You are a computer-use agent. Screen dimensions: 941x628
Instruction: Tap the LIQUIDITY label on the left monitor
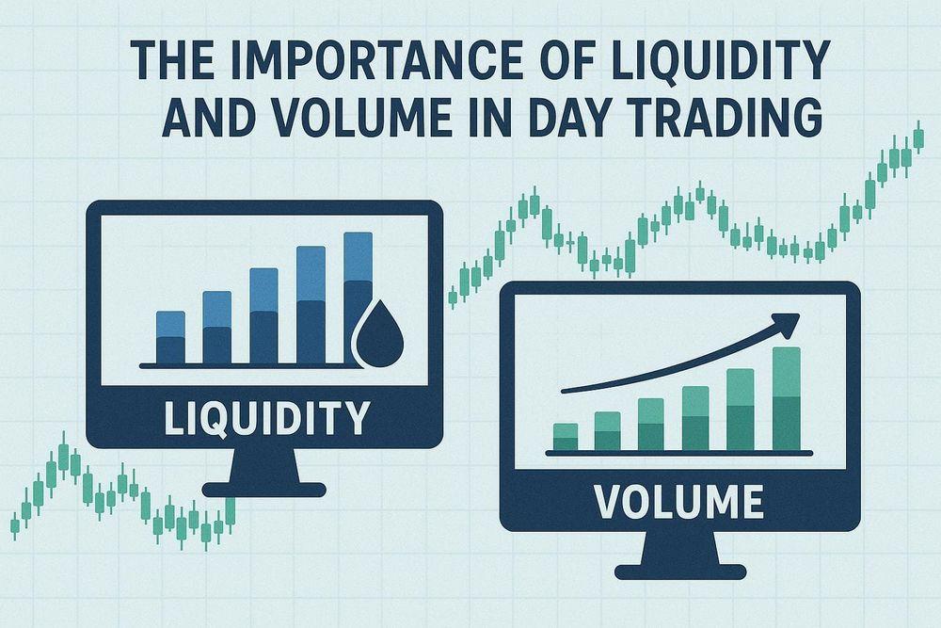(266, 418)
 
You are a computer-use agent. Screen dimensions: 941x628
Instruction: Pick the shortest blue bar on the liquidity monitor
(170, 337)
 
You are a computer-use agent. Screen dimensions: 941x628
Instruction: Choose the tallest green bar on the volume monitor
(787, 398)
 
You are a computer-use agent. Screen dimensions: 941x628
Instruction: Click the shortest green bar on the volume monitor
(566, 437)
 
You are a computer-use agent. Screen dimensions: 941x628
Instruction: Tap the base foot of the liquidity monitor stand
(264, 490)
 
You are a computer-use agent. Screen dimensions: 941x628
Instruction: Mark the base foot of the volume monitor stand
(680, 572)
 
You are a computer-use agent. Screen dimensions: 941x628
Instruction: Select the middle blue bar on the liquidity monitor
(264, 315)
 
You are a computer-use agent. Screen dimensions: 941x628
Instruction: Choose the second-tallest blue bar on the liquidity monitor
(311, 305)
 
